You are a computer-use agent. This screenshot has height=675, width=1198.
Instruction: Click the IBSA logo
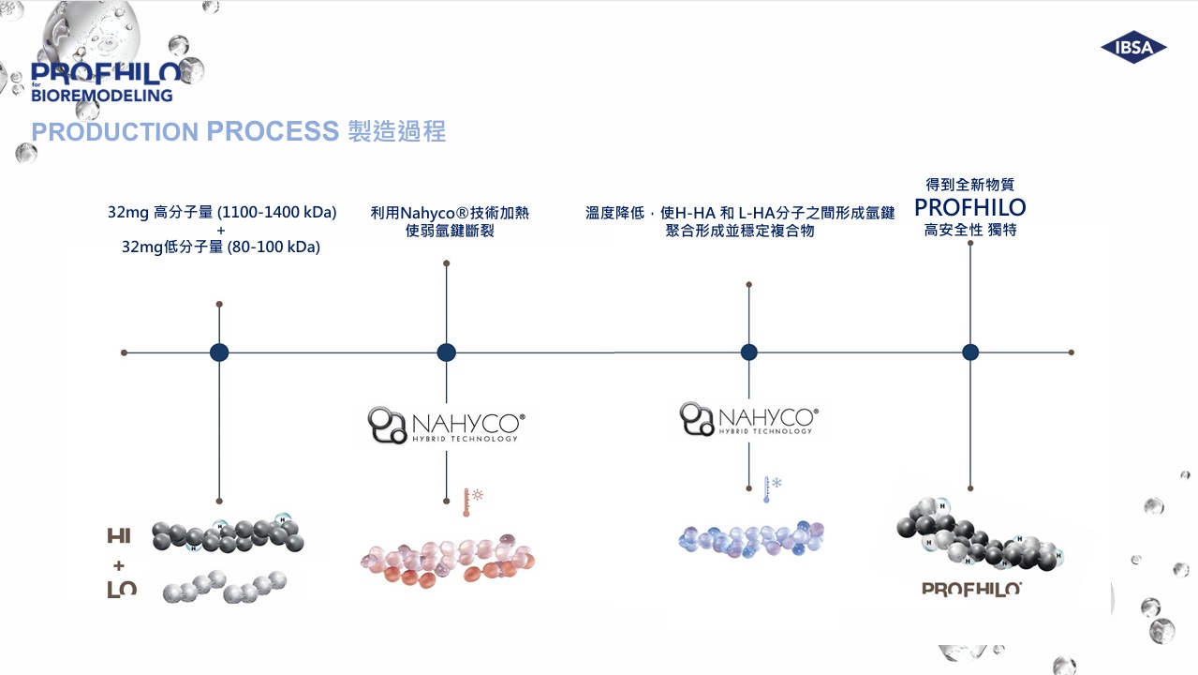point(1133,48)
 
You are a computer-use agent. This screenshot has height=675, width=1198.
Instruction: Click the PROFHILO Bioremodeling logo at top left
point(105,82)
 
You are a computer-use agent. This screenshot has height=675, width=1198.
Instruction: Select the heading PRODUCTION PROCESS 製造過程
point(238,131)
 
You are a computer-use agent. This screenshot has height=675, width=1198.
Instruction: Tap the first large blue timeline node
point(219,352)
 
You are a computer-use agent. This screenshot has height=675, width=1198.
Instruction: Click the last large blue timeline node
point(970,352)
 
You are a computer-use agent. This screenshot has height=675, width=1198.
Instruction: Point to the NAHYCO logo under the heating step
point(447,425)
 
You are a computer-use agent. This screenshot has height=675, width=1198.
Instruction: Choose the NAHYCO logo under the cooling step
point(748,419)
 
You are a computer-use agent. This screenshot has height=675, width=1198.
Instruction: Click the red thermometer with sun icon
point(470,502)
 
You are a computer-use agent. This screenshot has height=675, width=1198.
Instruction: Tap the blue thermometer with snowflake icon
point(771,488)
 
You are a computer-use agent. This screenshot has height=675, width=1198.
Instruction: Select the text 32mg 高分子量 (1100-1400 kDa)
point(222,212)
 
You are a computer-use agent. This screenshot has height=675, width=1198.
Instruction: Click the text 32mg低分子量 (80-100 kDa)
point(228,247)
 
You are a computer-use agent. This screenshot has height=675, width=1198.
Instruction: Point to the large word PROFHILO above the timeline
point(969,207)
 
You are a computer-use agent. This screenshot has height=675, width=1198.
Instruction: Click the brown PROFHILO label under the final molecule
point(971,589)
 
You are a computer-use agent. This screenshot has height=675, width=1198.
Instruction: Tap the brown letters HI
point(119,536)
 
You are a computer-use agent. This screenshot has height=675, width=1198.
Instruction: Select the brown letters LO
point(122,589)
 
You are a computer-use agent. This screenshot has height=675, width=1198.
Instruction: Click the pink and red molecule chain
point(447,559)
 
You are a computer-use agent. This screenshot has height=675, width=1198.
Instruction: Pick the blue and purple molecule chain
point(750,538)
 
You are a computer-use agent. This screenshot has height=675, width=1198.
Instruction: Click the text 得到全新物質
point(969,185)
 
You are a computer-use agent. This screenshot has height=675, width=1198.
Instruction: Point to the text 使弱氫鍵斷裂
point(450,231)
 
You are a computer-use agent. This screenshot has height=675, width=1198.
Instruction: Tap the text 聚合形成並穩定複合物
point(740,231)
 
